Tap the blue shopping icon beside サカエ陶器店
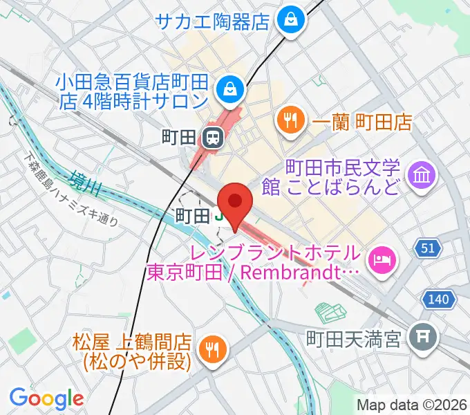coord(288,20)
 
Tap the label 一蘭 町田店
coord(361,122)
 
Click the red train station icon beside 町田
coord(212,137)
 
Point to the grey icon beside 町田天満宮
coord(421,338)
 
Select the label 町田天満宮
coord(354,339)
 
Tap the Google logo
coord(46,398)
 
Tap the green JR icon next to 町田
coord(219,216)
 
